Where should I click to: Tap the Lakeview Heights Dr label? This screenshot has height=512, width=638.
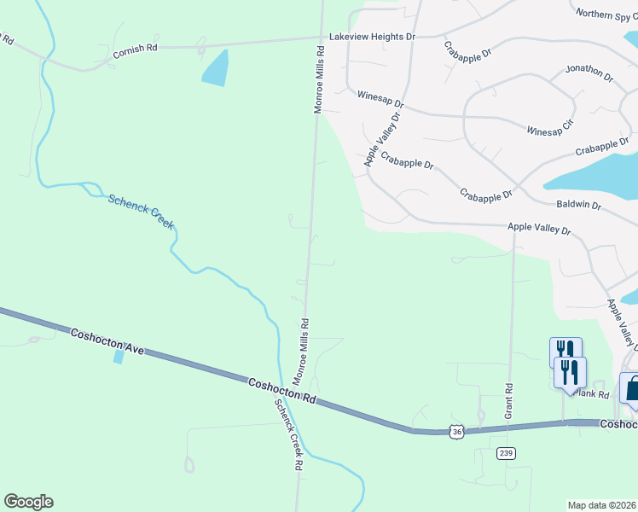point(372,38)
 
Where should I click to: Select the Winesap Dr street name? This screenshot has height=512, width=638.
point(380,99)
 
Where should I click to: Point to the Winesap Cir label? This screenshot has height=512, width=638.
point(550,128)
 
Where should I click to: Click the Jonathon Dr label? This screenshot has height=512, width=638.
point(589,73)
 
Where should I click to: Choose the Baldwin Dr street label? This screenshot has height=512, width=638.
point(578,206)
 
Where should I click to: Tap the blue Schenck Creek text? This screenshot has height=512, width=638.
point(141,212)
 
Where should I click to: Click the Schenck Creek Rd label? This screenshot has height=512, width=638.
point(288,436)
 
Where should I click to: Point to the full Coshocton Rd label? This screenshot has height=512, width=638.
point(282,392)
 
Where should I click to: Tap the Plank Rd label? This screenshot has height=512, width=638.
point(591,393)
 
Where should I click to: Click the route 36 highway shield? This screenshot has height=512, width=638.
point(458,433)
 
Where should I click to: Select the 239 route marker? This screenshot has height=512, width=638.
point(507,453)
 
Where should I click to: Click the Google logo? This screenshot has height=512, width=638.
point(28,502)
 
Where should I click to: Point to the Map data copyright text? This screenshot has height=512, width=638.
point(601,505)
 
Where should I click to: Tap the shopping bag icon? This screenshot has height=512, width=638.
point(631,388)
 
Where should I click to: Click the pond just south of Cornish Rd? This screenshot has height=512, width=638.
point(216,68)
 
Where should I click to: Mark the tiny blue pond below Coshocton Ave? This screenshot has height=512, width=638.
point(118,357)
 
